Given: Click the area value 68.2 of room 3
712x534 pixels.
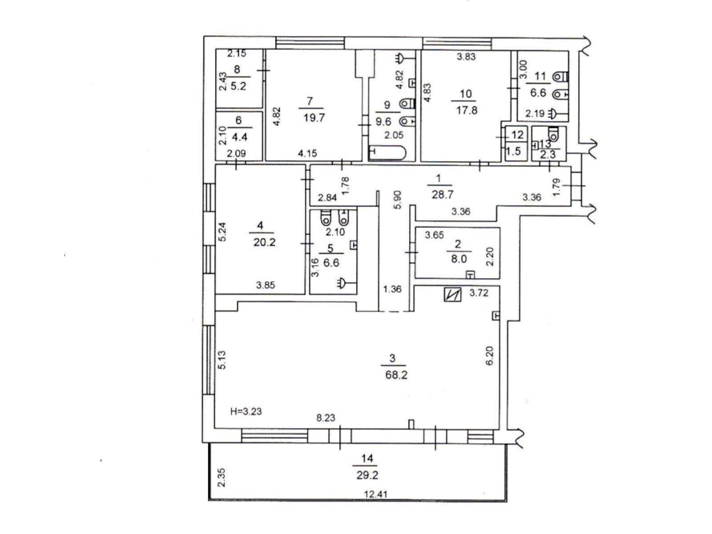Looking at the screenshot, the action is click(x=396, y=375).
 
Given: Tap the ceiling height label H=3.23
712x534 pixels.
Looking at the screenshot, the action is click(x=246, y=411).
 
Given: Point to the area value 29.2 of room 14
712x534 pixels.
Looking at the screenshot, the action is click(x=367, y=475).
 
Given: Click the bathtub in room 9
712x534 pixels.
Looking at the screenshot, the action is click(x=388, y=152).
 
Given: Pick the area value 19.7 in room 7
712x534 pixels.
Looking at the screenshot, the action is click(x=314, y=117).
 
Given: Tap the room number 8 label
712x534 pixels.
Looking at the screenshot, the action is click(x=237, y=69).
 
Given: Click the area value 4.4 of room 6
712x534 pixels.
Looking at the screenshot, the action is click(x=239, y=137).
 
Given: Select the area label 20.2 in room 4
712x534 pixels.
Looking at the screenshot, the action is click(x=264, y=243).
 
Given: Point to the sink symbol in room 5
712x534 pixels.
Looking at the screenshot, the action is click(x=343, y=282).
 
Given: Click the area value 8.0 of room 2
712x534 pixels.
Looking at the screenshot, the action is click(x=458, y=259).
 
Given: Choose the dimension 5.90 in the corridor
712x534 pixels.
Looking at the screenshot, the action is click(x=398, y=200).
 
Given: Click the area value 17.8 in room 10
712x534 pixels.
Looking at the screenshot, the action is click(x=466, y=110).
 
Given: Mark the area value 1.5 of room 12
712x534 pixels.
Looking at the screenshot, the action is click(x=514, y=151).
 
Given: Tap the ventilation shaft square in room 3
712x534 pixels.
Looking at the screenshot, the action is click(x=452, y=295).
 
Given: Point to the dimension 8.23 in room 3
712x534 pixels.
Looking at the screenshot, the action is click(x=326, y=418).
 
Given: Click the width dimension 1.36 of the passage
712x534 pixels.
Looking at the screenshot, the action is click(x=392, y=289).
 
